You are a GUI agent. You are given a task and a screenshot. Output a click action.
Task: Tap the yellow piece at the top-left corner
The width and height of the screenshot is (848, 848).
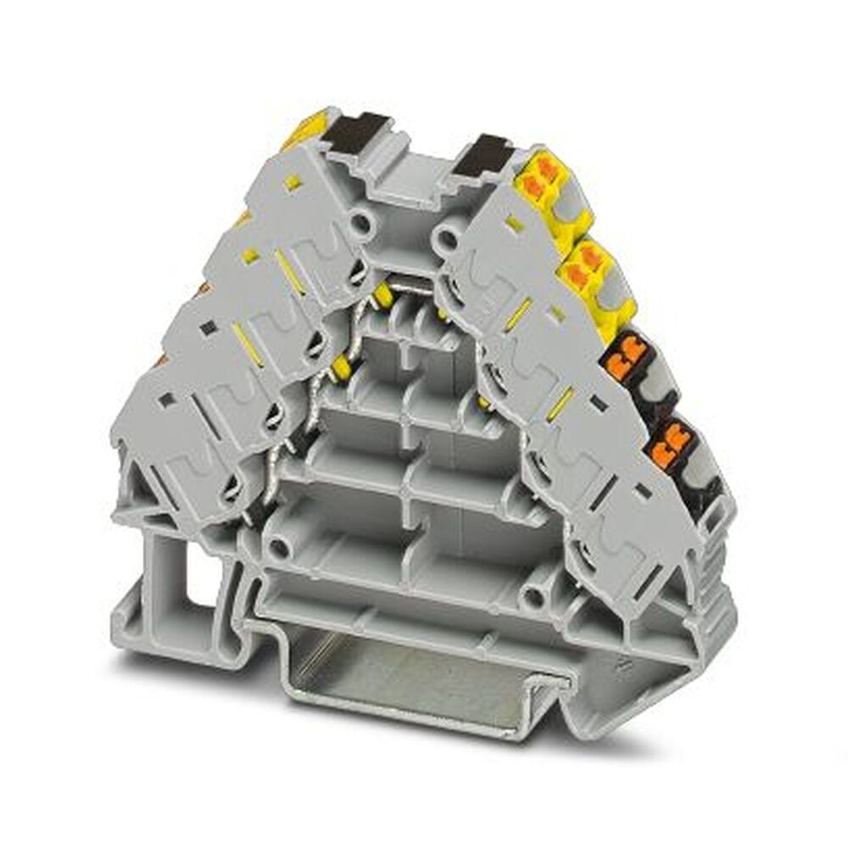tap(305, 127)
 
